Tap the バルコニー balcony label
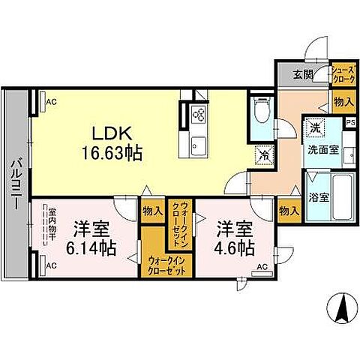point(15,184)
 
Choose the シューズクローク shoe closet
point(343,74)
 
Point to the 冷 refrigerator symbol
point(264,156)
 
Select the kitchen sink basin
point(200,144)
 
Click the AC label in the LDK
point(50,100)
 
